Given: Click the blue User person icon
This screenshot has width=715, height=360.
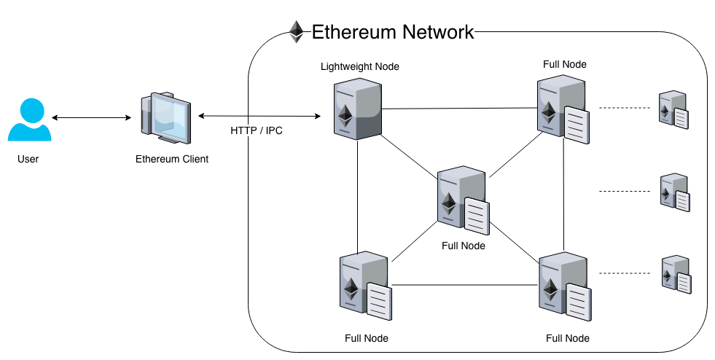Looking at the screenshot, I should coord(29,120).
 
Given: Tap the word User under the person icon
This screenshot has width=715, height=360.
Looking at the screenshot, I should coord(28,159).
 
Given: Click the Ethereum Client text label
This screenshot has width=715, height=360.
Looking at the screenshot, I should coord(172,159).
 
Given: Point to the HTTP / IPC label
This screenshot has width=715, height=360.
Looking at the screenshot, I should coord(256,131).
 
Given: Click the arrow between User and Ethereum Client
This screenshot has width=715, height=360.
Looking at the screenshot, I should coord(91,117).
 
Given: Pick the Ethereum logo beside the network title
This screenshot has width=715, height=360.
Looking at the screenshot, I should coord(296,32).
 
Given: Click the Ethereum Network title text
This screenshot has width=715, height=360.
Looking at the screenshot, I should coord(393,32).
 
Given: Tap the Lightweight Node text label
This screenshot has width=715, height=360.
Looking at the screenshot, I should coord(360,66).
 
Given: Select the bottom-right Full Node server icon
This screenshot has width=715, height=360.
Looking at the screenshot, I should coord(563,286).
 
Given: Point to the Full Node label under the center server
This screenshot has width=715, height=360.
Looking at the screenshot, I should coord(464,246).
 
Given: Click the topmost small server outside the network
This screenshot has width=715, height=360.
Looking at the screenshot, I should coord(673,110).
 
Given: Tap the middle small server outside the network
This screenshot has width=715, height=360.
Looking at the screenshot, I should coord(673,192).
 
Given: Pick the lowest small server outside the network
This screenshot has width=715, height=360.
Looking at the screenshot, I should coord(673,275).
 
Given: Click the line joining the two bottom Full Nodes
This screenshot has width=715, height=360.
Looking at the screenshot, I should coord(465,284).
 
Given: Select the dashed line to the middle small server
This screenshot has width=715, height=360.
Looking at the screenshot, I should coord(624,191).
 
